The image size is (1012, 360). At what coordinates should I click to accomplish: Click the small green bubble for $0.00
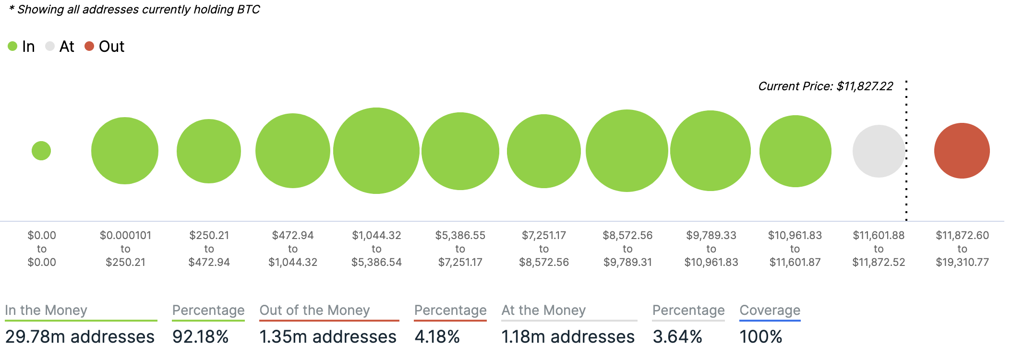[41, 151]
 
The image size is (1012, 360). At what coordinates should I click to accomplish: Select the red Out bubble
[962, 151]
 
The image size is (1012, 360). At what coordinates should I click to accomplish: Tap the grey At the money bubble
[879, 151]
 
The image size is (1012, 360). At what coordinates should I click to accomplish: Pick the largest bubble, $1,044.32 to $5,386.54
[376, 151]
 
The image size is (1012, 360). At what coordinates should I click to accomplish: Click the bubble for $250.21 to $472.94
[209, 151]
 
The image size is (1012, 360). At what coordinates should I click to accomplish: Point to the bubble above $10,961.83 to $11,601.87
[795, 151]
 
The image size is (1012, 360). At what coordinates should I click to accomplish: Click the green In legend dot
[12, 46]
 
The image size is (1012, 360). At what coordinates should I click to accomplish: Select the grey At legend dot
[50, 46]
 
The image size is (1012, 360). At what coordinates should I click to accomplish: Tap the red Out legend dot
[89, 46]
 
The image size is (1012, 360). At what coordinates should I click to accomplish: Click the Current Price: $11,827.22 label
[825, 86]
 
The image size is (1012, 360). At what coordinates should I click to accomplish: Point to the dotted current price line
[906, 192]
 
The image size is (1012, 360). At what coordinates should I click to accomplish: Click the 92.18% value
[200, 337]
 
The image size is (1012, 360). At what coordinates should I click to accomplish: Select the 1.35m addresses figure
[328, 337]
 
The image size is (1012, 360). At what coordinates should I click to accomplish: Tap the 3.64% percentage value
[677, 337]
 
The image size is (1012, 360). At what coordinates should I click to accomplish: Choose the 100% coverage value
[760, 337]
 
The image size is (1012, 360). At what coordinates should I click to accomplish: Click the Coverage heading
[770, 311]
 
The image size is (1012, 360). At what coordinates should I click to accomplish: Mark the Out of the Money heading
[314, 311]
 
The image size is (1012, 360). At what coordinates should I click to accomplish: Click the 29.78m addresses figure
[80, 337]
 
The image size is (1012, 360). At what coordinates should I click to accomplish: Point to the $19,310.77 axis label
[962, 263]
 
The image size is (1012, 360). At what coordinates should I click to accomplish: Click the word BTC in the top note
[248, 10]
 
